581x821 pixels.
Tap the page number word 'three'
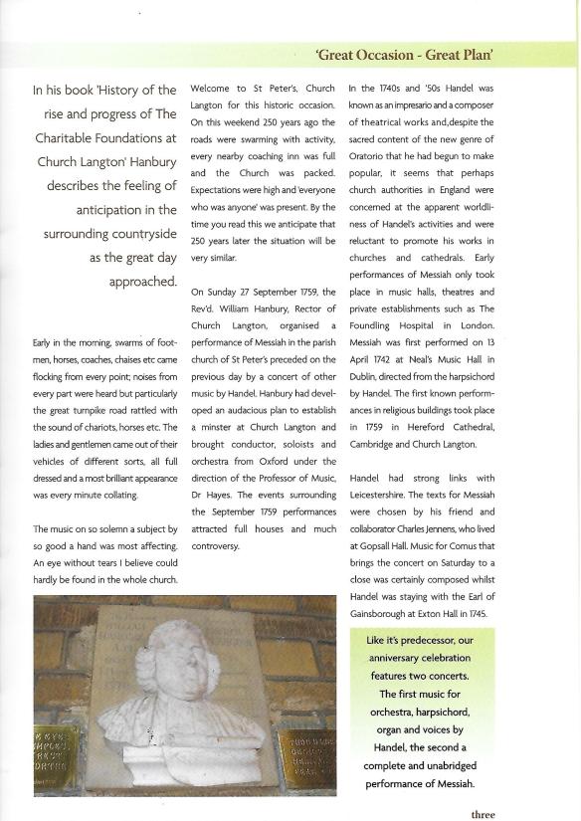click(x=483, y=813)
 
